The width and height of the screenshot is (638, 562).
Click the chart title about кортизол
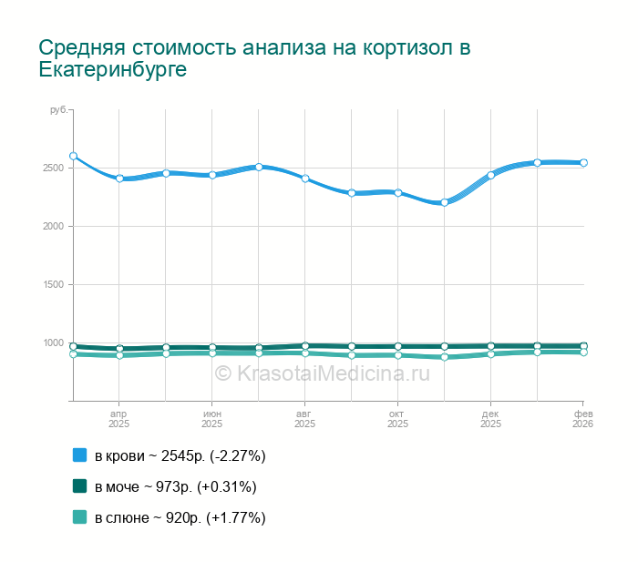click(255, 58)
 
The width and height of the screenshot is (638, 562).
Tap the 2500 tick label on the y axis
click(51, 169)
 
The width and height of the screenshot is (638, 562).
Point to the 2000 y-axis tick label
click(51, 227)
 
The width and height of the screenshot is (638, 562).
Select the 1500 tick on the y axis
click(51, 285)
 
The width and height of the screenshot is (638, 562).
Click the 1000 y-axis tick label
click(51, 343)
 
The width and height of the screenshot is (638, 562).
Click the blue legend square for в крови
click(79, 455)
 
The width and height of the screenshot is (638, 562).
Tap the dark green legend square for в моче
click(79, 486)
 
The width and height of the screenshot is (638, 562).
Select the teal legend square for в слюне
click(79, 517)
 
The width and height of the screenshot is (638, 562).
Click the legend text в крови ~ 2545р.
click(180, 455)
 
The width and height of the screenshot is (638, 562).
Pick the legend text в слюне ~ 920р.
click(180, 518)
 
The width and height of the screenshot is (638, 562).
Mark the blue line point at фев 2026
click(583, 163)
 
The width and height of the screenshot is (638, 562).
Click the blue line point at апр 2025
click(119, 179)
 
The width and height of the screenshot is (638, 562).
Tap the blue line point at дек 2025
click(491, 175)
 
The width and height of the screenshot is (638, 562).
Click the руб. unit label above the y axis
click(57, 110)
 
